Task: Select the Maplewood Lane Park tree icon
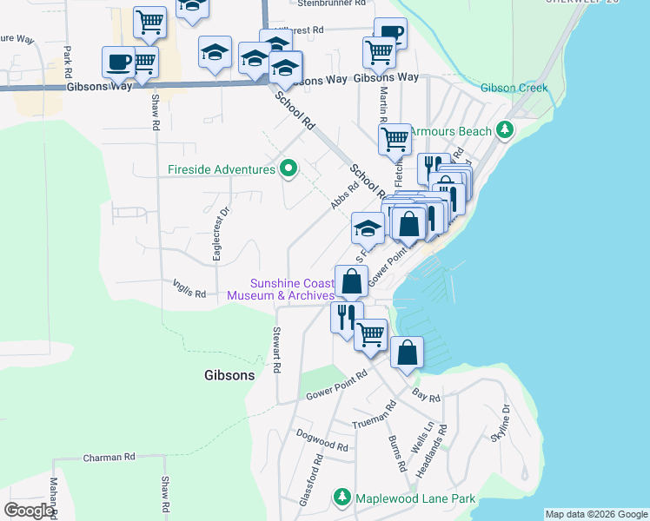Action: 342,498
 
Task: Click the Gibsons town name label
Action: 229,376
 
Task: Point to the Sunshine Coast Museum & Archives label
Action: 280,289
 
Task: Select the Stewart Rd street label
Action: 276,350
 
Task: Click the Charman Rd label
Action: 109,457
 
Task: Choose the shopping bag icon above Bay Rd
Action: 407,353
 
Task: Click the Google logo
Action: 29,511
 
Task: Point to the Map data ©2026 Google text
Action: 596,514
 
